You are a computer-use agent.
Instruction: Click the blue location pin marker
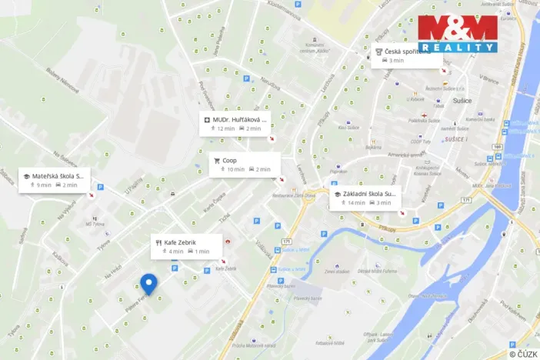click(148, 283)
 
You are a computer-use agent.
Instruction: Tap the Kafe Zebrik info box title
click(180, 242)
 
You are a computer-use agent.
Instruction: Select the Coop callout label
click(230, 160)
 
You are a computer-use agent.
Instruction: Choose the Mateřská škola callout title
click(57, 176)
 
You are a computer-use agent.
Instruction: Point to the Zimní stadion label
click(337, 271)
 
